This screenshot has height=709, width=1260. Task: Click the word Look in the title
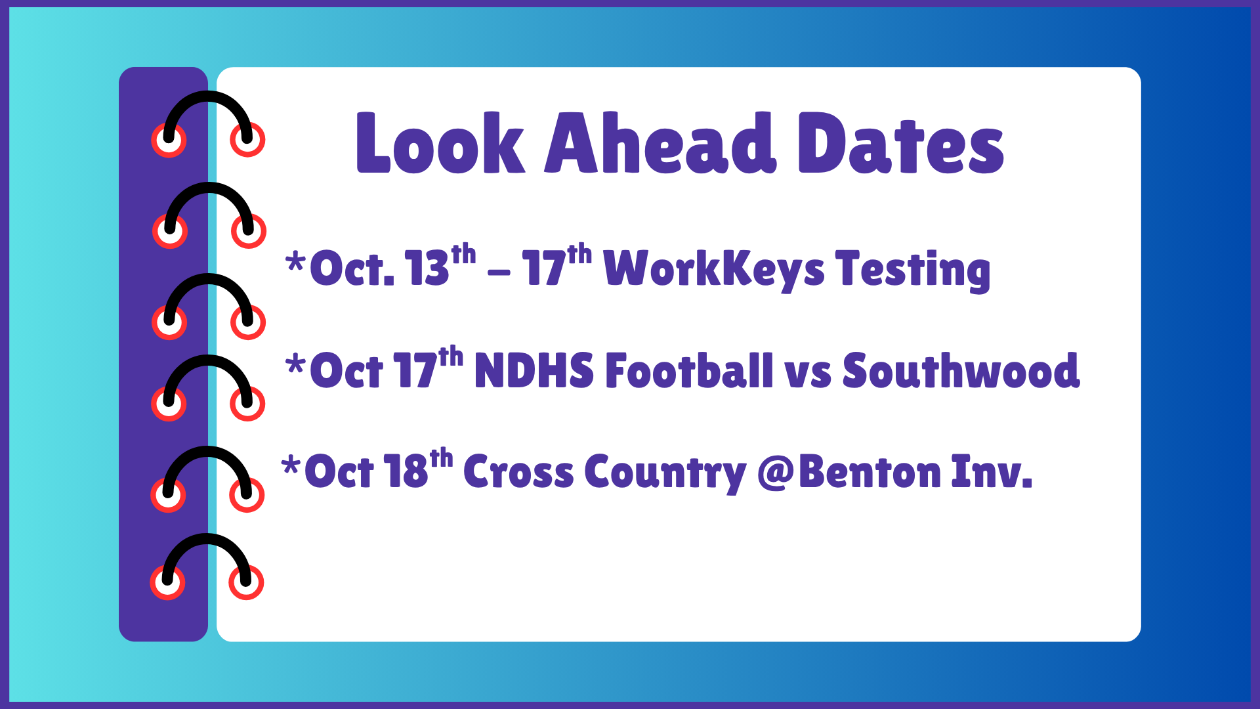[440, 142]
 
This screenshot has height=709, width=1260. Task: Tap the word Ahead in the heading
[660, 142]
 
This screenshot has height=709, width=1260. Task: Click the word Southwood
[961, 370]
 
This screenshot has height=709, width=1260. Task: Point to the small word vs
[808, 376]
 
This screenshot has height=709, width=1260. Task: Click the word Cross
[518, 471]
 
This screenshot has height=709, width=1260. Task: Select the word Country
[665, 473]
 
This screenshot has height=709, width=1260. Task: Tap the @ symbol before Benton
[776, 473]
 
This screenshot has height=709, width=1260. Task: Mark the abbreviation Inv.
[992, 471]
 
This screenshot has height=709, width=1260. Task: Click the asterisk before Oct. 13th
[296, 262]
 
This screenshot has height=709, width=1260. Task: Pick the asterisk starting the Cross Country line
[291, 465]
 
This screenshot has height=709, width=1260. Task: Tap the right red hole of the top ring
[247, 139]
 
